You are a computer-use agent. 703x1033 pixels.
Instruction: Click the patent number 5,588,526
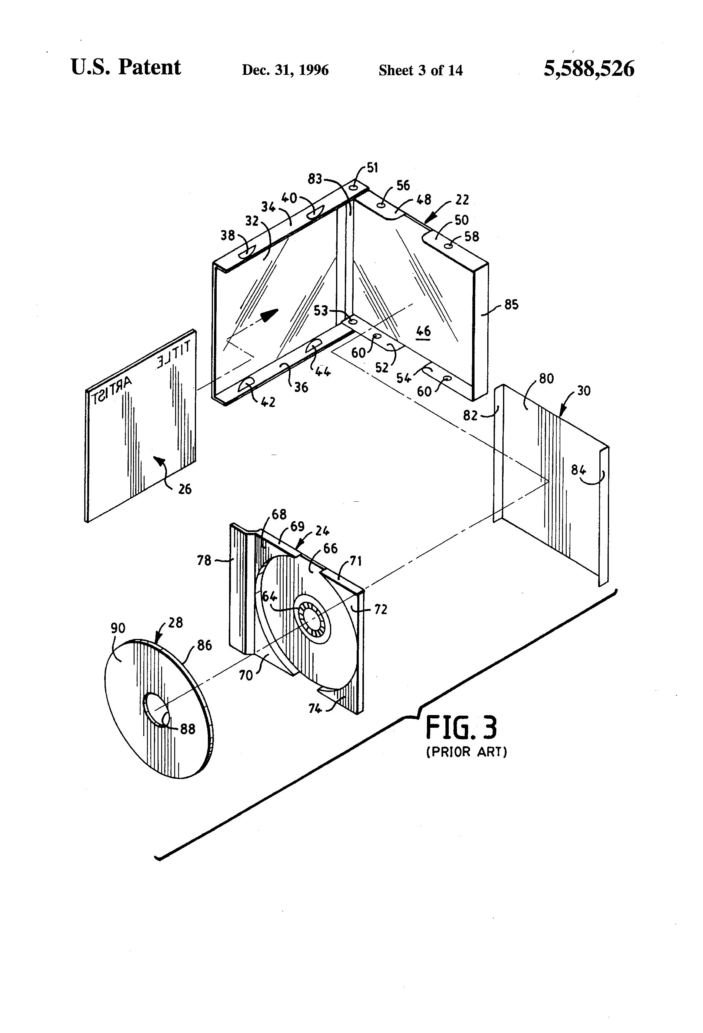coord(589,69)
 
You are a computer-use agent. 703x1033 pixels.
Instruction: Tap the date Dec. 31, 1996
coord(285,70)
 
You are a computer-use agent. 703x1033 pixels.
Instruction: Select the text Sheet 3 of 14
coord(420,70)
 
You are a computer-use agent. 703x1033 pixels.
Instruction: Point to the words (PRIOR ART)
coord(467,752)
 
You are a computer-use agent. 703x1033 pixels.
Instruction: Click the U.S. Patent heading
coord(126,68)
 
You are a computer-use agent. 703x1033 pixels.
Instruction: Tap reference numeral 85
coord(511,305)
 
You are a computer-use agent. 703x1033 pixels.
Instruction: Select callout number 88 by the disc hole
coord(188,729)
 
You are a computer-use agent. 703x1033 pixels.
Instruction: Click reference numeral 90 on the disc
coord(118,628)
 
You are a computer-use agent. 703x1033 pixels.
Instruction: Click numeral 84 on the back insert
coord(578,470)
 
